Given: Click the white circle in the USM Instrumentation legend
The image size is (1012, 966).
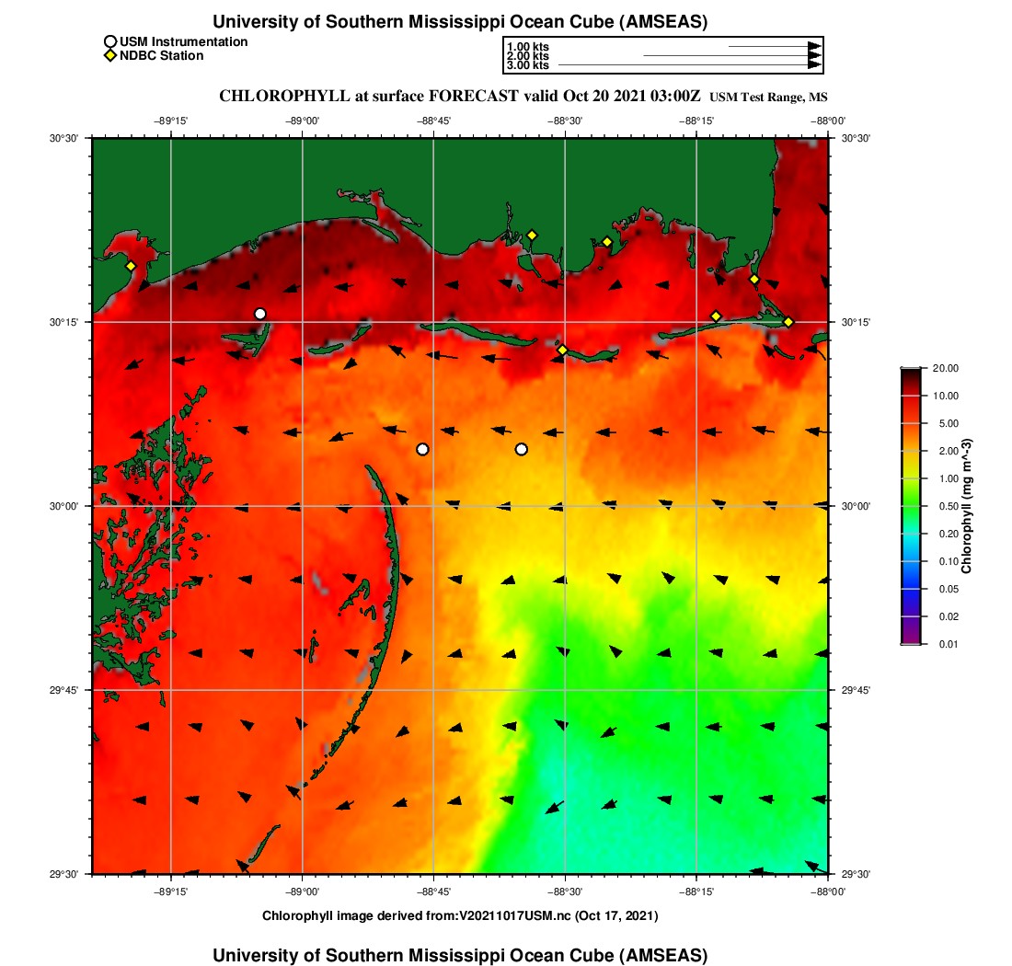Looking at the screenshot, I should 110,41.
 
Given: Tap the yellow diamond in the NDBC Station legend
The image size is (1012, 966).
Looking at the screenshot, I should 110,56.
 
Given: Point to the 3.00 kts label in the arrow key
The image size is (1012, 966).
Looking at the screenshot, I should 527,65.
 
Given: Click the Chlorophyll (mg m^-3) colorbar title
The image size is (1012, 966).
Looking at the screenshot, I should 967,506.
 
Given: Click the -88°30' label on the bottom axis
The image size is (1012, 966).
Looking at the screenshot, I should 564,891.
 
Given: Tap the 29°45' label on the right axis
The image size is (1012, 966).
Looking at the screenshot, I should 857,690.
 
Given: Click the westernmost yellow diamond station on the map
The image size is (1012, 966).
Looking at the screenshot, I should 131,267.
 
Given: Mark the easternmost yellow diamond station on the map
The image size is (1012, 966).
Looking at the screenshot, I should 788,322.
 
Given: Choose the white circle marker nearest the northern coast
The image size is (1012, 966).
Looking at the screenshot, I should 260,314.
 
